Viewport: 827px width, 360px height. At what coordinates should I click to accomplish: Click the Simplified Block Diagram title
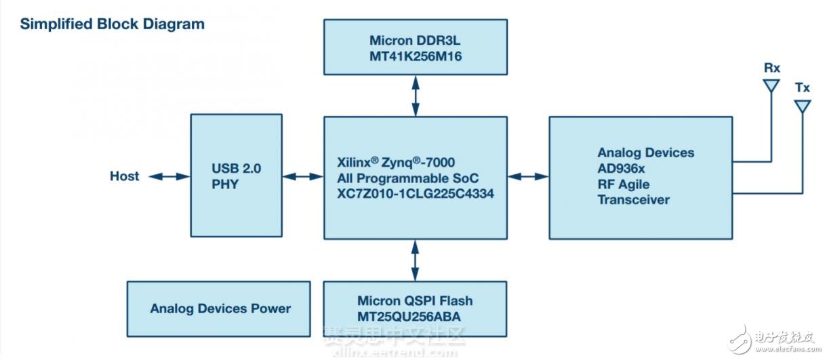(x=112, y=24)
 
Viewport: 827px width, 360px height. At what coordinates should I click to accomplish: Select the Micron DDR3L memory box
(x=415, y=47)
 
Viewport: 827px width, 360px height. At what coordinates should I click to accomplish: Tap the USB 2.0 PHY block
(x=236, y=176)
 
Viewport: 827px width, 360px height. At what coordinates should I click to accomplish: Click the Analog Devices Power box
(x=219, y=308)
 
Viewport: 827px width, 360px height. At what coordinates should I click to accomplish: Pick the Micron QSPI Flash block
(x=415, y=309)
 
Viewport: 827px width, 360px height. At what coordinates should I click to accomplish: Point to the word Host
(x=125, y=176)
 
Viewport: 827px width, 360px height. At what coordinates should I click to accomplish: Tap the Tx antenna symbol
(x=803, y=107)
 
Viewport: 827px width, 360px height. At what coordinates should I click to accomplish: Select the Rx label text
(x=771, y=68)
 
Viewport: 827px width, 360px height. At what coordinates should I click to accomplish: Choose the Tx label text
(x=803, y=87)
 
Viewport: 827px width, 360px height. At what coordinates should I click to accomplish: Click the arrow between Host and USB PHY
(x=169, y=176)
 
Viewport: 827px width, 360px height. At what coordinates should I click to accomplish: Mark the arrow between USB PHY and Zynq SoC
(x=302, y=176)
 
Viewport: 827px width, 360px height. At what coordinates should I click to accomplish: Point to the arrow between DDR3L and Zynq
(x=415, y=96)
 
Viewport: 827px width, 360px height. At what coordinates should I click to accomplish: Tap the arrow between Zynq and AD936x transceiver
(x=527, y=176)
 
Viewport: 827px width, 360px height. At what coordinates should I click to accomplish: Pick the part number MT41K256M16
(x=416, y=56)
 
